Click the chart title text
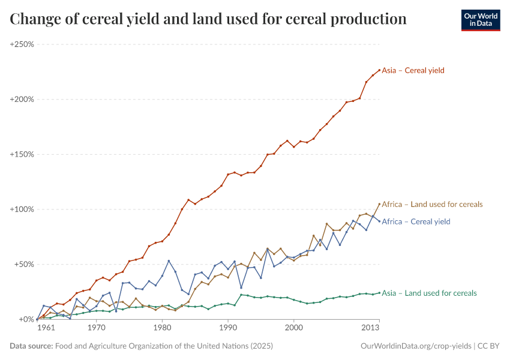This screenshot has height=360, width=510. coord(208,19)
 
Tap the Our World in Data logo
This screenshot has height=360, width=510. coord(480,20)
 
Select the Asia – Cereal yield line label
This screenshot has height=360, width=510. coord(413,70)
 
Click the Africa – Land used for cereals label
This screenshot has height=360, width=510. coord(432,204)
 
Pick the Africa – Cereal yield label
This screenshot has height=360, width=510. coord(416,221)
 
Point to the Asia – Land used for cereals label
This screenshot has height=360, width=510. coord(429,293)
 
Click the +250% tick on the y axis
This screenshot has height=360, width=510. coord(22,44)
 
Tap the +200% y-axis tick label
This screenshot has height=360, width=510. coord(22,100)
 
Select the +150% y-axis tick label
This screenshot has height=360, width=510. coord(22,154)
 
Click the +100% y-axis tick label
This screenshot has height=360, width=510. coord(22,209)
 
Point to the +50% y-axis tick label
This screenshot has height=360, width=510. coord(23,265)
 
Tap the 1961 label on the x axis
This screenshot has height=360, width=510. coord(46,329)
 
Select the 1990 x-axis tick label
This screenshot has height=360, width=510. coord(228,329)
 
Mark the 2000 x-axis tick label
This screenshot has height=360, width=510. coord(294,329)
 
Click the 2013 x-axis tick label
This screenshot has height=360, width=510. coord(371,329)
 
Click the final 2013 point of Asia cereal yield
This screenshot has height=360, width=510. coord(379,70)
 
